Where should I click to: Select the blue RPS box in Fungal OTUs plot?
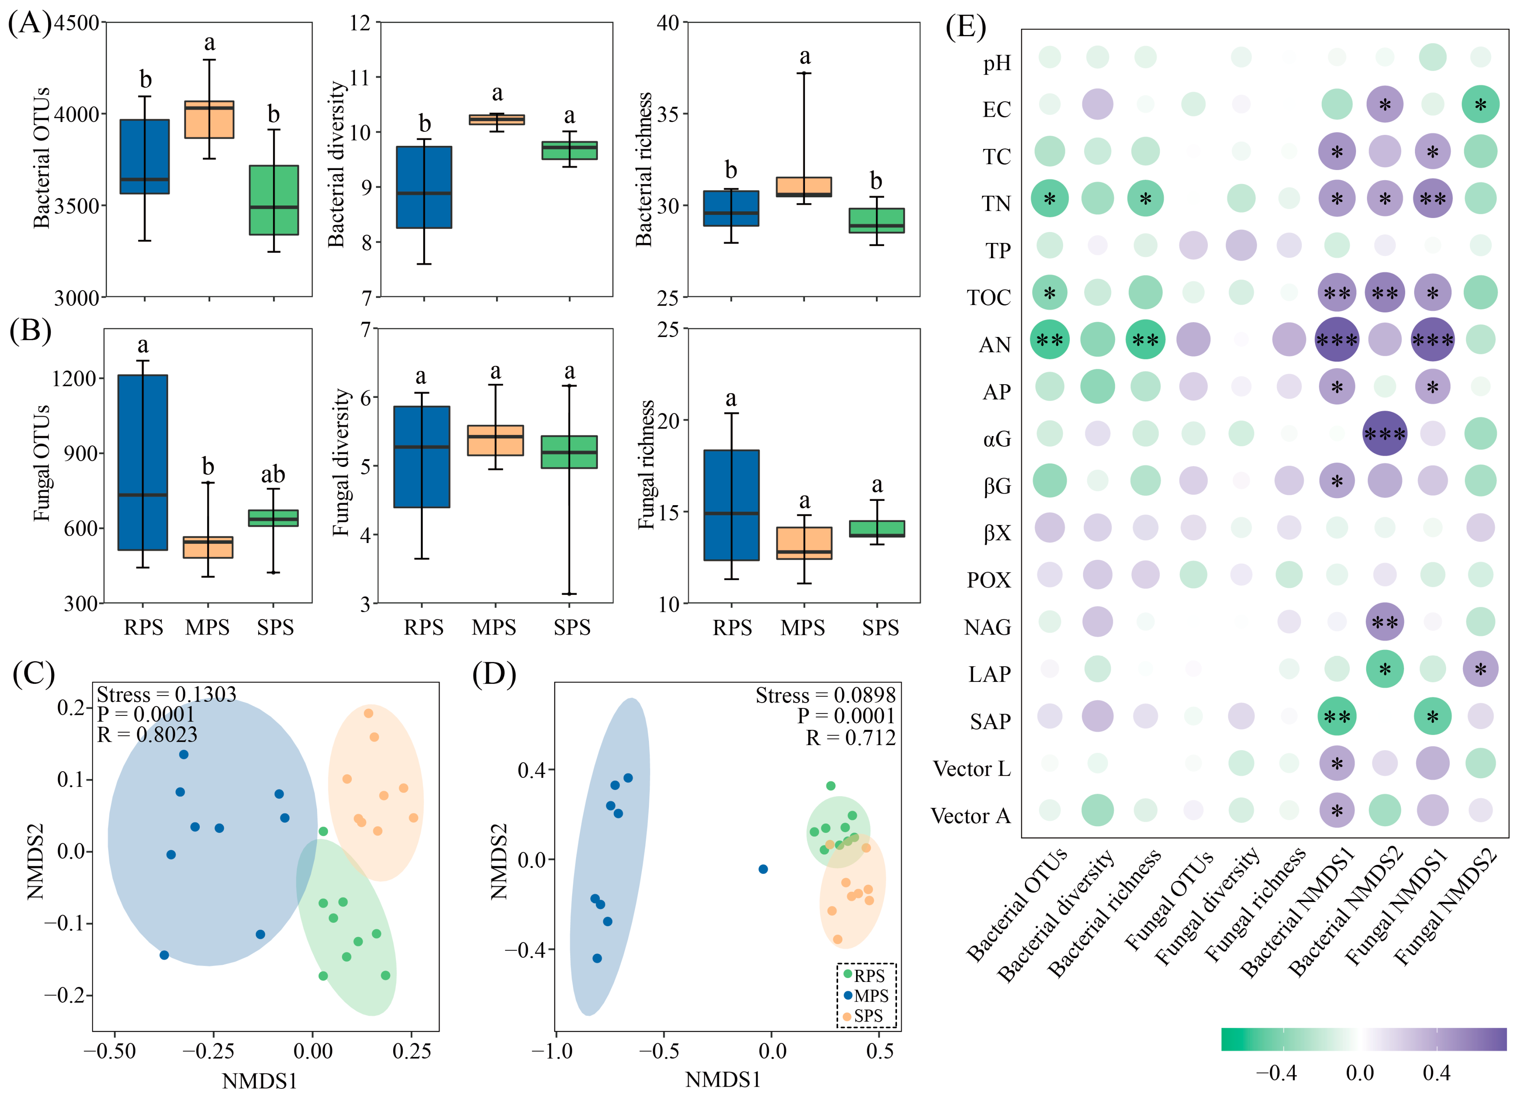click(143, 462)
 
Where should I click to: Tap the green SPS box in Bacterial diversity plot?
click(569, 150)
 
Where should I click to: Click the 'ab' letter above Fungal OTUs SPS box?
click(273, 474)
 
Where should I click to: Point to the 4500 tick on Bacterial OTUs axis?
click(76, 23)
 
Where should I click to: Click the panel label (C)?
click(34, 673)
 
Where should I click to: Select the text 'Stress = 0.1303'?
click(166, 694)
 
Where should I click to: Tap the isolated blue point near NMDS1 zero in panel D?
click(763, 869)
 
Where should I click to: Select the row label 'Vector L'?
click(971, 769)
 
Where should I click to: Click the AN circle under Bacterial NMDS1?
click(1337, 340)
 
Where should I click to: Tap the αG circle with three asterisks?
click(1384, 434)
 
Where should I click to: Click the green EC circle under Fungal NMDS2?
click(1480, 104)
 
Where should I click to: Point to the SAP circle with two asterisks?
click(1337, 716)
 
